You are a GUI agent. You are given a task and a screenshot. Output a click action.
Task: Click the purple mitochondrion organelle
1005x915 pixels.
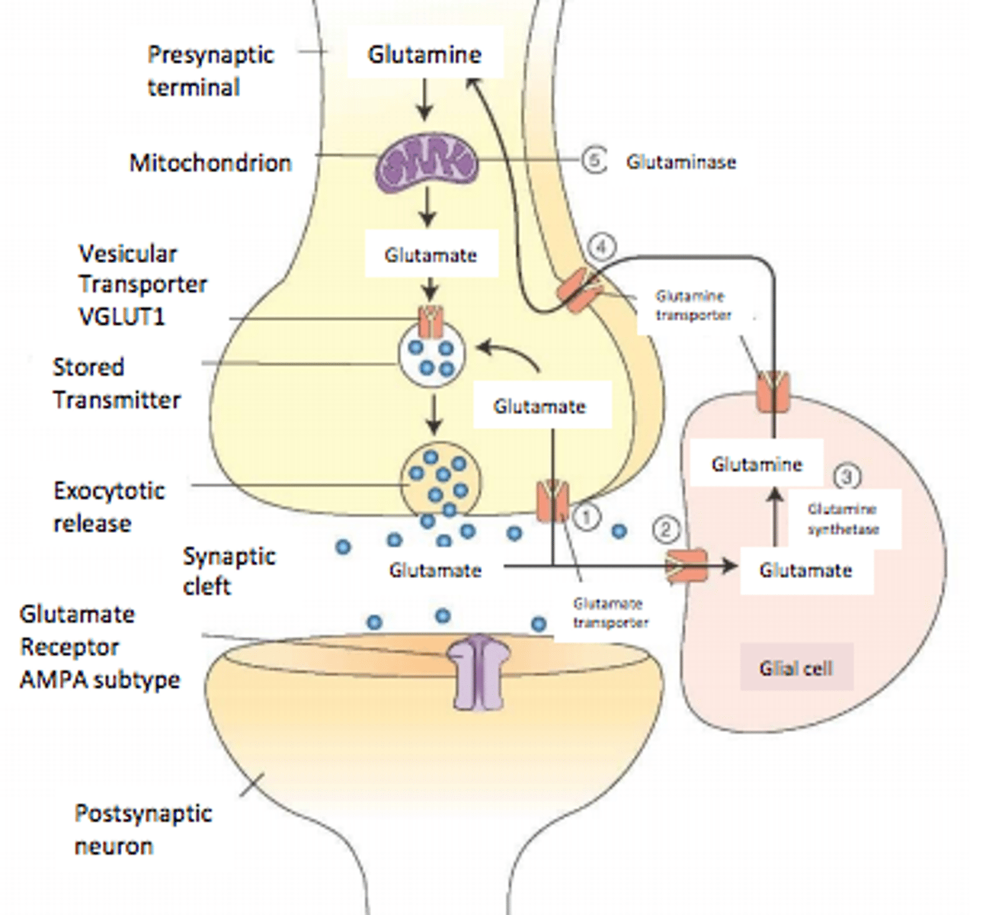pyautogui.click(x=430, y=161)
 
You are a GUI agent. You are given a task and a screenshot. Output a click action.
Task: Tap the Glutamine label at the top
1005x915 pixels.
pyautogui.click(x=424, y=54)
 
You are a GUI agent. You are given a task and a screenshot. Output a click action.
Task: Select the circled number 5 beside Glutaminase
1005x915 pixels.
pyautogui.click(x=594, y=161)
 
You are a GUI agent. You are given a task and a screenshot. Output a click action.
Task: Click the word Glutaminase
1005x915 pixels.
pyautogui.click(x=681, y=162)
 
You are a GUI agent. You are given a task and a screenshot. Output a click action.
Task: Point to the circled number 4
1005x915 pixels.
pyautogui.click(x=602, y=247)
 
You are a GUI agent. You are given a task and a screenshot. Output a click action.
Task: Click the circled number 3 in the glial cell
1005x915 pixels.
pyautogui.click(x=847, y=477)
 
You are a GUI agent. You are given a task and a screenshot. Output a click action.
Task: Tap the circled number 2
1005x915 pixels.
pyautogui.click(x=665, y=529)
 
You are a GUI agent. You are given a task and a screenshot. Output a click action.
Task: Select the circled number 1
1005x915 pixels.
pyautogui.click(x=586, y=518)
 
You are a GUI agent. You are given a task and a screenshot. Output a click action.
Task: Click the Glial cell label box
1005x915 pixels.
pyautogui.click(x=796, y=668)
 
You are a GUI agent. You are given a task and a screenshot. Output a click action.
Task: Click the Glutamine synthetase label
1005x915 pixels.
pyautogui.click(x=843, y=518)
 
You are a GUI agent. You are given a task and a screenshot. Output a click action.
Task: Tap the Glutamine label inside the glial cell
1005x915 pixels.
pyautogui.click(x=757, y=464)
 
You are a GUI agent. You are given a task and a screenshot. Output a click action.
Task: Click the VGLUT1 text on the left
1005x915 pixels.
pyautogui.click(x=122, y=316)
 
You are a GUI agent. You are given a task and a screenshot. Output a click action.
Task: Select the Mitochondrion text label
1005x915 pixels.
pyautogui.click(x=210, y=162)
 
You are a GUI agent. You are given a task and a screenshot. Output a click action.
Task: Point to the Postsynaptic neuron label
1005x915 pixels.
pyautogui.click(x=142, y=830)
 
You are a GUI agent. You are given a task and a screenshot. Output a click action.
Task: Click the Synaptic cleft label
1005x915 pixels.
pyautogui.click(x=229, y=570)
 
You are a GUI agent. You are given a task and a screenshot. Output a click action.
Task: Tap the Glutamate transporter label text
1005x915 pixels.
pyautogui.click(x=610, y=613)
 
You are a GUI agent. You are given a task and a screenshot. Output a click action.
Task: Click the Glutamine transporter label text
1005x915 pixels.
pyautogui.click(x=693, y=305)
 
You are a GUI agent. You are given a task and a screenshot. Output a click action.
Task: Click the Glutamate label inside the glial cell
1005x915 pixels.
pyautogui.click(x=805, y=570)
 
